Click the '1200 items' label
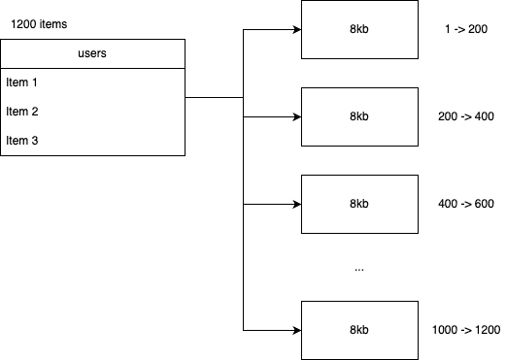(x=40, y=22)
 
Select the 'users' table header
(x=92, y=53)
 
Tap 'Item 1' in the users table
(x=22, y=82)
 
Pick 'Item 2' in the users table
(x=22, y=112)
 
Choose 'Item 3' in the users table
(x=22, y=141)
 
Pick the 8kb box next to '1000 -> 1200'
(x=358, y=330)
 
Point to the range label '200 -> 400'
(x=466, y=116)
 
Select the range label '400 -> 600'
(x=466, y=204)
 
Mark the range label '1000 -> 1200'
(x=466, y=331)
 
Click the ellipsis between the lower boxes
(x=358, y=267)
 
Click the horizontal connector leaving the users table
(x=214, y=97)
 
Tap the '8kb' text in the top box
(x=358, y=30)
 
